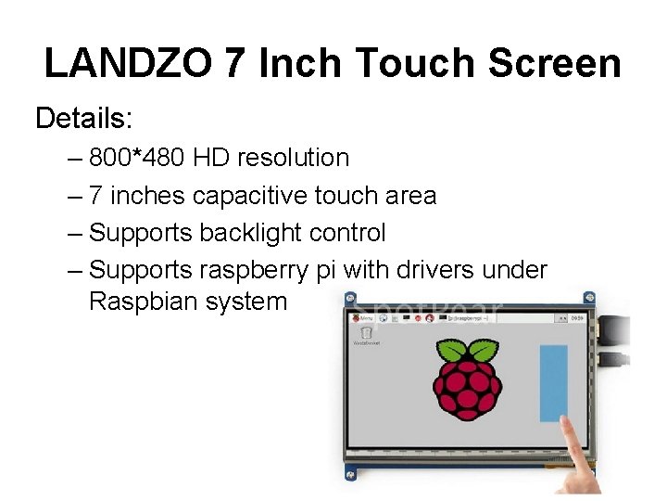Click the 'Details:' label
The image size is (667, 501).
(x=84, y=118)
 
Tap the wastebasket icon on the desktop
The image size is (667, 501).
(x=366, y=332)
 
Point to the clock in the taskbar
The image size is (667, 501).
(x=577, y=317)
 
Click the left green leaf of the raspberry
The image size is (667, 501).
(x=452, y=351)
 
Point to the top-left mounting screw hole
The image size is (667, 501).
(x=349, y=299)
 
